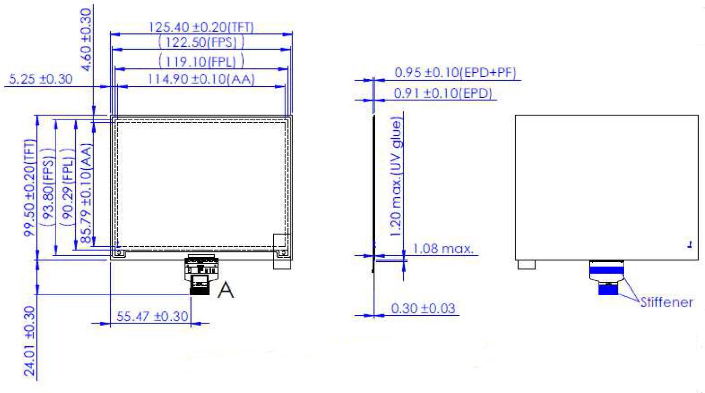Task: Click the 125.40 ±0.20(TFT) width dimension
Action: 201,28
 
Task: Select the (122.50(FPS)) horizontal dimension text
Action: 201,42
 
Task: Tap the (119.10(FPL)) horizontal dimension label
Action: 201,61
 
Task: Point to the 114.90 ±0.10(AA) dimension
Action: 201,79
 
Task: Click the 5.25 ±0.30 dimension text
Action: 41,79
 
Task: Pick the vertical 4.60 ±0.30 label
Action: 85,40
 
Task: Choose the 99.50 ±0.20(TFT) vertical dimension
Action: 30,188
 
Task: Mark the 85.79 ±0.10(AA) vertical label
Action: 86,193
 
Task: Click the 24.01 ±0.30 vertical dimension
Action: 30,341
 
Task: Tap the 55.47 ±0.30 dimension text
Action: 152,316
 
